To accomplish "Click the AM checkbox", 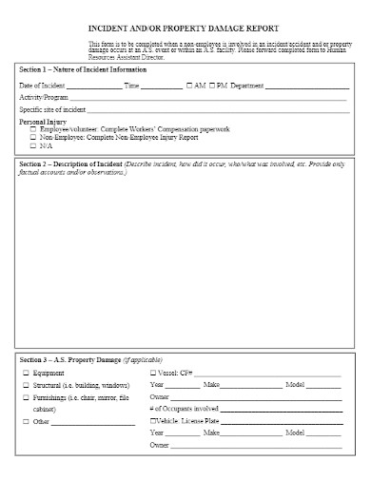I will coord(190,86).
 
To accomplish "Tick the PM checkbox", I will coord(212,86).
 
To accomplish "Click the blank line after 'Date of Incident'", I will coord(93,86).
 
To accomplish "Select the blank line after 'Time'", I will coord(162,86).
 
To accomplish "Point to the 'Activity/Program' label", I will coord(44,98).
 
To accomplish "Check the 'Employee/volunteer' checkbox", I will coord(33,128).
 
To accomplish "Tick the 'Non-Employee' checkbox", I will coord(33,137).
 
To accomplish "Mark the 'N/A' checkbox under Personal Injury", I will coord(33,144).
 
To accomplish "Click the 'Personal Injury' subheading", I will coord(42,122).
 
